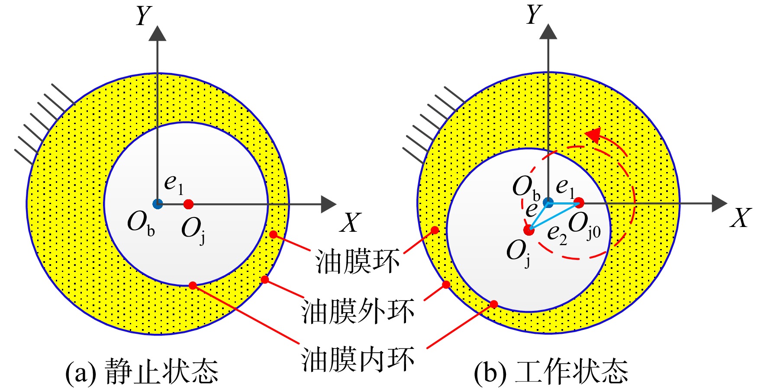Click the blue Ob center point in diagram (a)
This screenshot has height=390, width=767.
[158, 204]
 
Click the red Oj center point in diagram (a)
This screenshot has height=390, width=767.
[188, 204]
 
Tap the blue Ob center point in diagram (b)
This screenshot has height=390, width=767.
[548, 202]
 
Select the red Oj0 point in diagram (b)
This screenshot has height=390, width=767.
[579, 202]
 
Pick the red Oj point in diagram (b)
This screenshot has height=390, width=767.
[529, 230]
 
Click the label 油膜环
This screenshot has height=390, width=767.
[357, 262]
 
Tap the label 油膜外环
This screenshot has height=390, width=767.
[358, 311]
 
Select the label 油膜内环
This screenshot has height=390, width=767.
[358, 359]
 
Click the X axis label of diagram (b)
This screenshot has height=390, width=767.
[741, 218]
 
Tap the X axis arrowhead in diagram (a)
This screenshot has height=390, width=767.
[329, 204]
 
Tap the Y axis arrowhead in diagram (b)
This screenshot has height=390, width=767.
[548, 31]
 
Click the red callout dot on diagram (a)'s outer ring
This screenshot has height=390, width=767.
[265, 280]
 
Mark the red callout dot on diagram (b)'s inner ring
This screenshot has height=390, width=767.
[494, 304]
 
